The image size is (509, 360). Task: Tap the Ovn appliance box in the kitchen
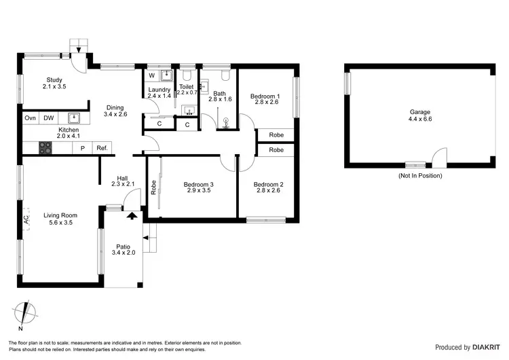pos(31,118)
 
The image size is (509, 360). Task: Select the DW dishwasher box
pos(49,118)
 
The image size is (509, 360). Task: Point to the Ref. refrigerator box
pos(102,147)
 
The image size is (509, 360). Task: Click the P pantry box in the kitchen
pos(83,147)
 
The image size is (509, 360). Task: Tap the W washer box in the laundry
pos(152,75)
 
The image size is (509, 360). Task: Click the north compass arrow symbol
pos(27,314)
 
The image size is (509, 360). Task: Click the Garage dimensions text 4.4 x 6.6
pos(419,120)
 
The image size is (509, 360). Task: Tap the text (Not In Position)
pos(419,175)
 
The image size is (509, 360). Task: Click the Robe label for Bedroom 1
pos(276,134)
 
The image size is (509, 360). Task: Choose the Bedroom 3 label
pos(198,183)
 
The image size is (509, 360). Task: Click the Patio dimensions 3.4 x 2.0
pos(124,253)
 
